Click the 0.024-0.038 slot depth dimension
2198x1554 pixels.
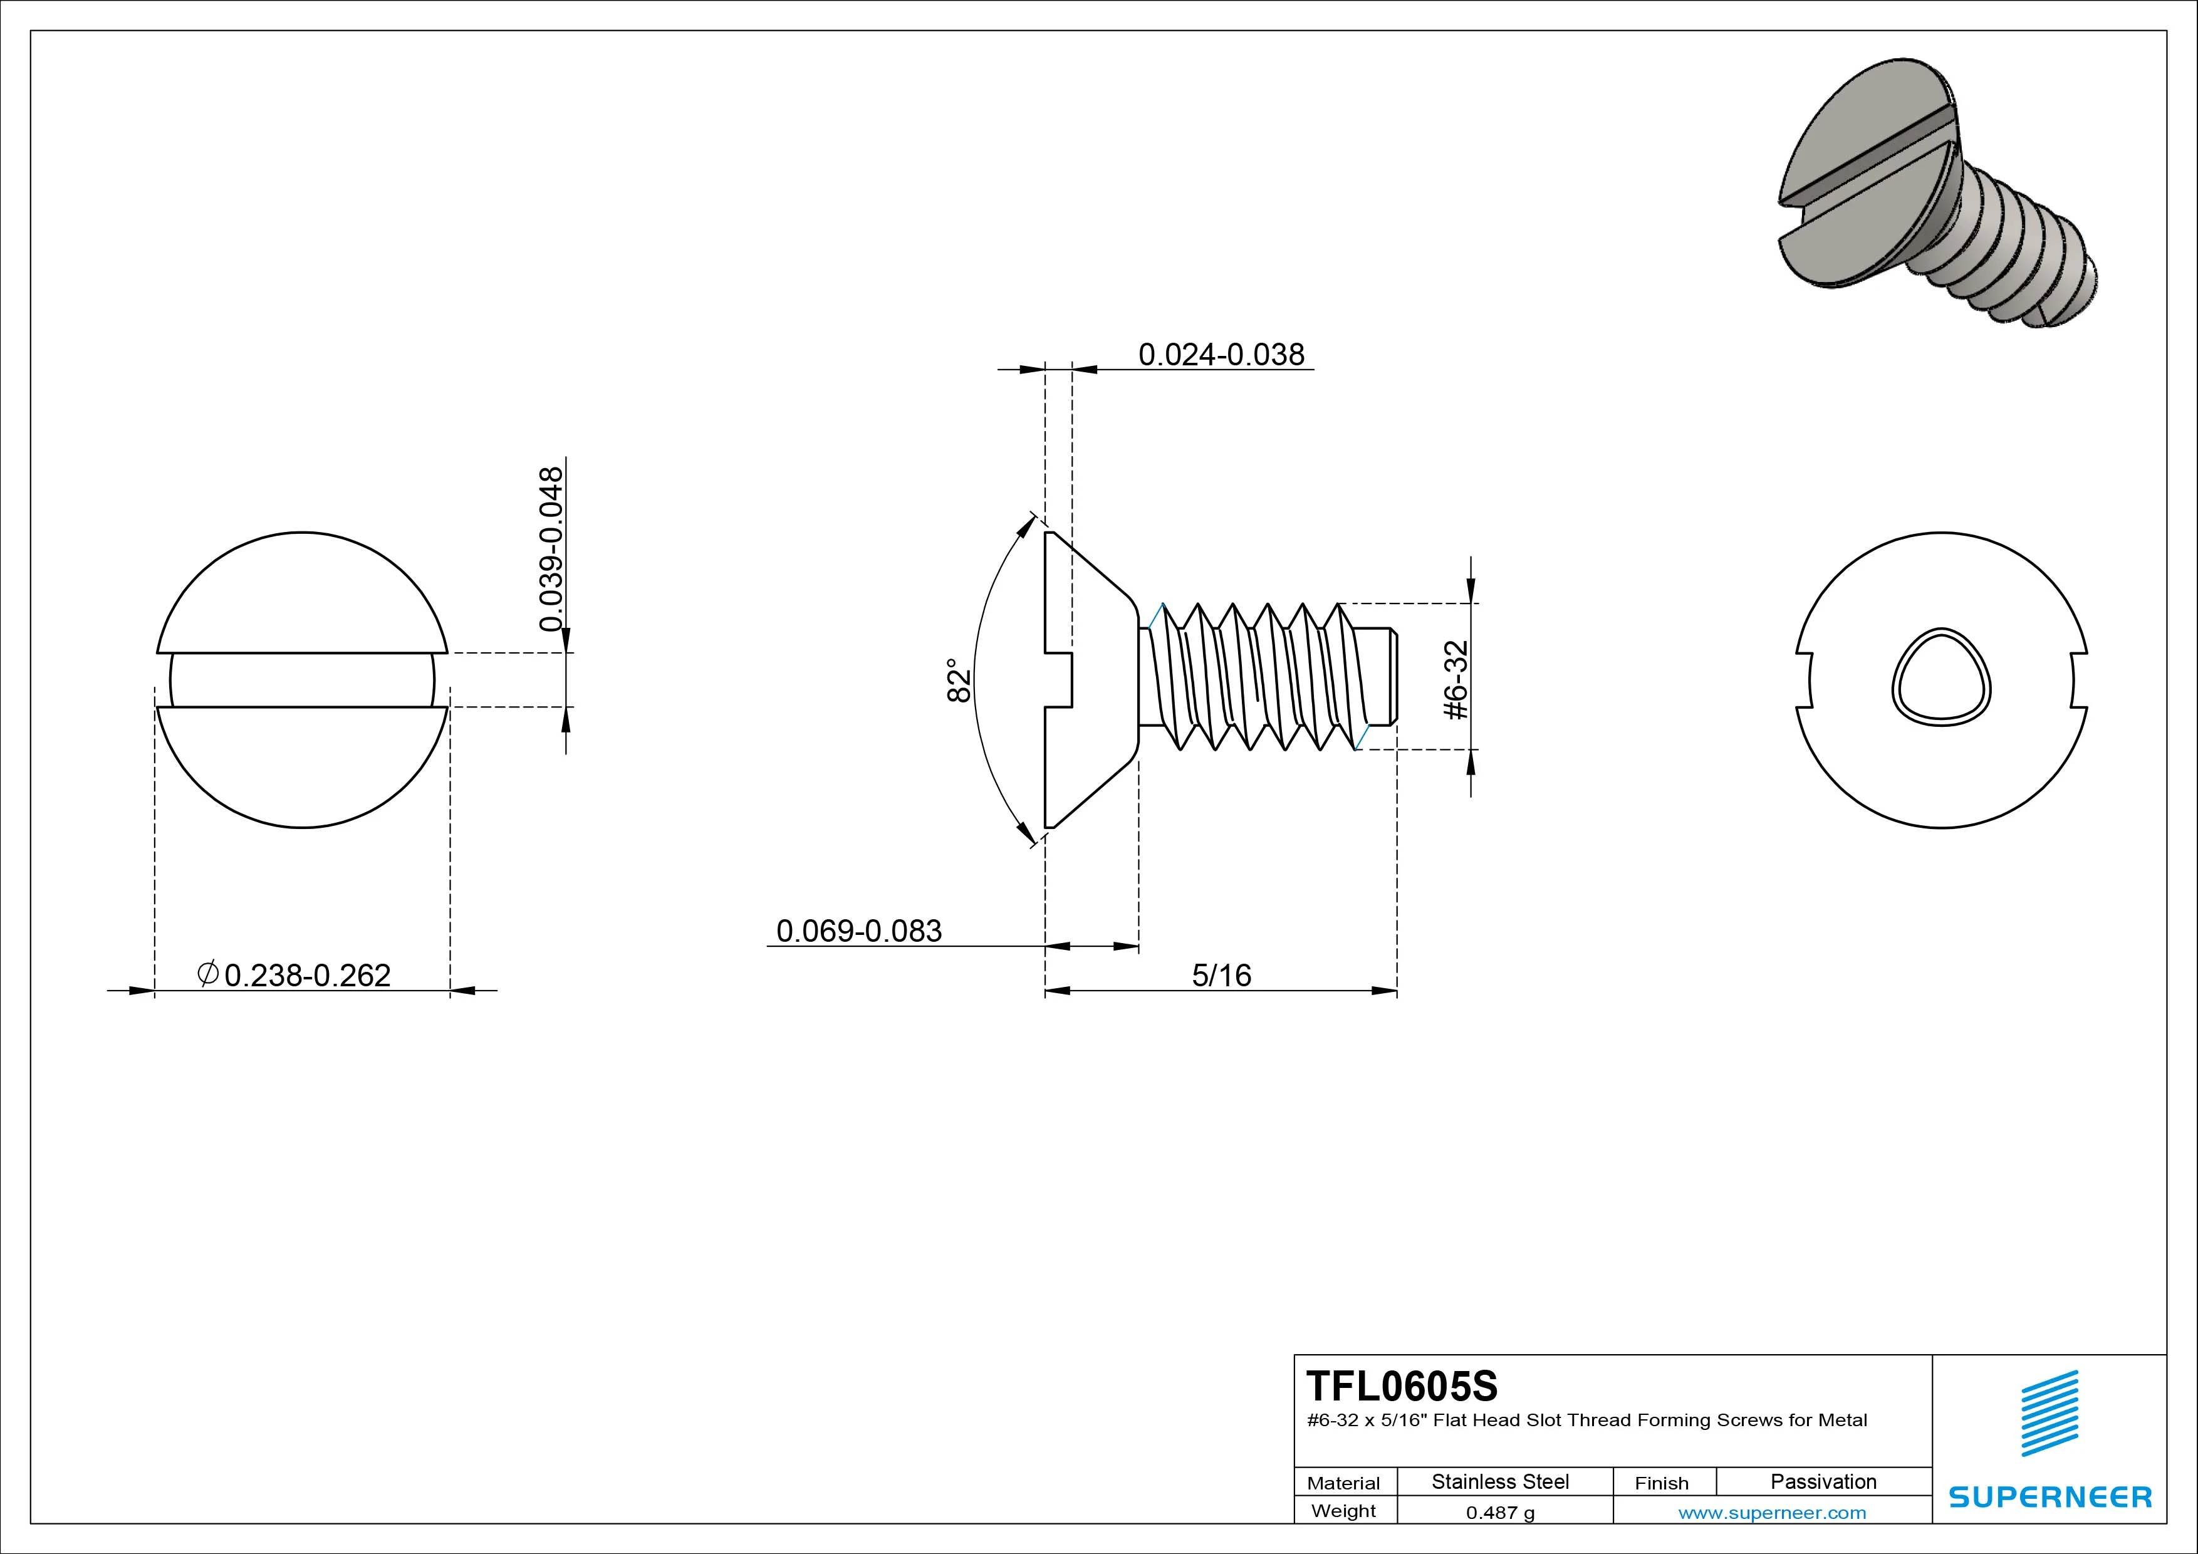1221,354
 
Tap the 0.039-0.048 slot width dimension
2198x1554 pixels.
551,550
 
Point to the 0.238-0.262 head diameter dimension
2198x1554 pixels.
307,975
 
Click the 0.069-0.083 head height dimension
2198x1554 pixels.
859,931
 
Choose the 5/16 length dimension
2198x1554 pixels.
1222,975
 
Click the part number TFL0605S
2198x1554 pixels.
1402,1385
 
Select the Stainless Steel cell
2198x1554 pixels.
1500,1481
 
